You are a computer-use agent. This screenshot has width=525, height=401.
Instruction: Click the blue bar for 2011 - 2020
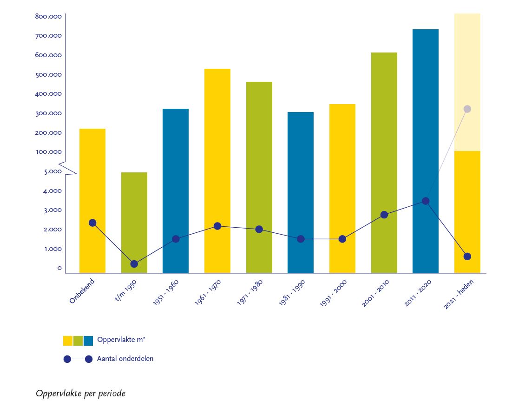point(425,116)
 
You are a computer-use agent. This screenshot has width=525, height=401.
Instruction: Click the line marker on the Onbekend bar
point(92,223)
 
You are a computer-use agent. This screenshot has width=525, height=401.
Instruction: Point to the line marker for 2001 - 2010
point(384,215)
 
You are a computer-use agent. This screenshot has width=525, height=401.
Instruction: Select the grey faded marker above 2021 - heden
point(467,109)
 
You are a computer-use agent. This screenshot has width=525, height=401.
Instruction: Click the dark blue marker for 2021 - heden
point(467,256)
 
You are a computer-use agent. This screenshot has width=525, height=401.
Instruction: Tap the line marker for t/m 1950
point(134,264)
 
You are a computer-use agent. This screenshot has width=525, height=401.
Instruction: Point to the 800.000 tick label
point(48,17)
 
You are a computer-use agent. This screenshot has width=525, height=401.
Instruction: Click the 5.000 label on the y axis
point(52,171)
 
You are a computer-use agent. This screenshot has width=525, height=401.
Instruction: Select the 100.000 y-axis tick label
point(48,152)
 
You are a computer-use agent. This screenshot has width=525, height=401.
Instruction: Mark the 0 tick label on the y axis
point(59,268)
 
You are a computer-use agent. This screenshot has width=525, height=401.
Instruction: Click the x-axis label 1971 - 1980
point(250,292)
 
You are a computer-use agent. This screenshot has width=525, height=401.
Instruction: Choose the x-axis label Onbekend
point(82,291)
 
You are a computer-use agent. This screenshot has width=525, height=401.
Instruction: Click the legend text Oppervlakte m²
point(121,340)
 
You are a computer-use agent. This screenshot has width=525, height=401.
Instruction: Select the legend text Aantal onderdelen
point(125,359)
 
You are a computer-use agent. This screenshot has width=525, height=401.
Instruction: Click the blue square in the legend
point(88,341)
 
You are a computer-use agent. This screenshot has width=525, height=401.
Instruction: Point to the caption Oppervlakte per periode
point(80,394)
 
